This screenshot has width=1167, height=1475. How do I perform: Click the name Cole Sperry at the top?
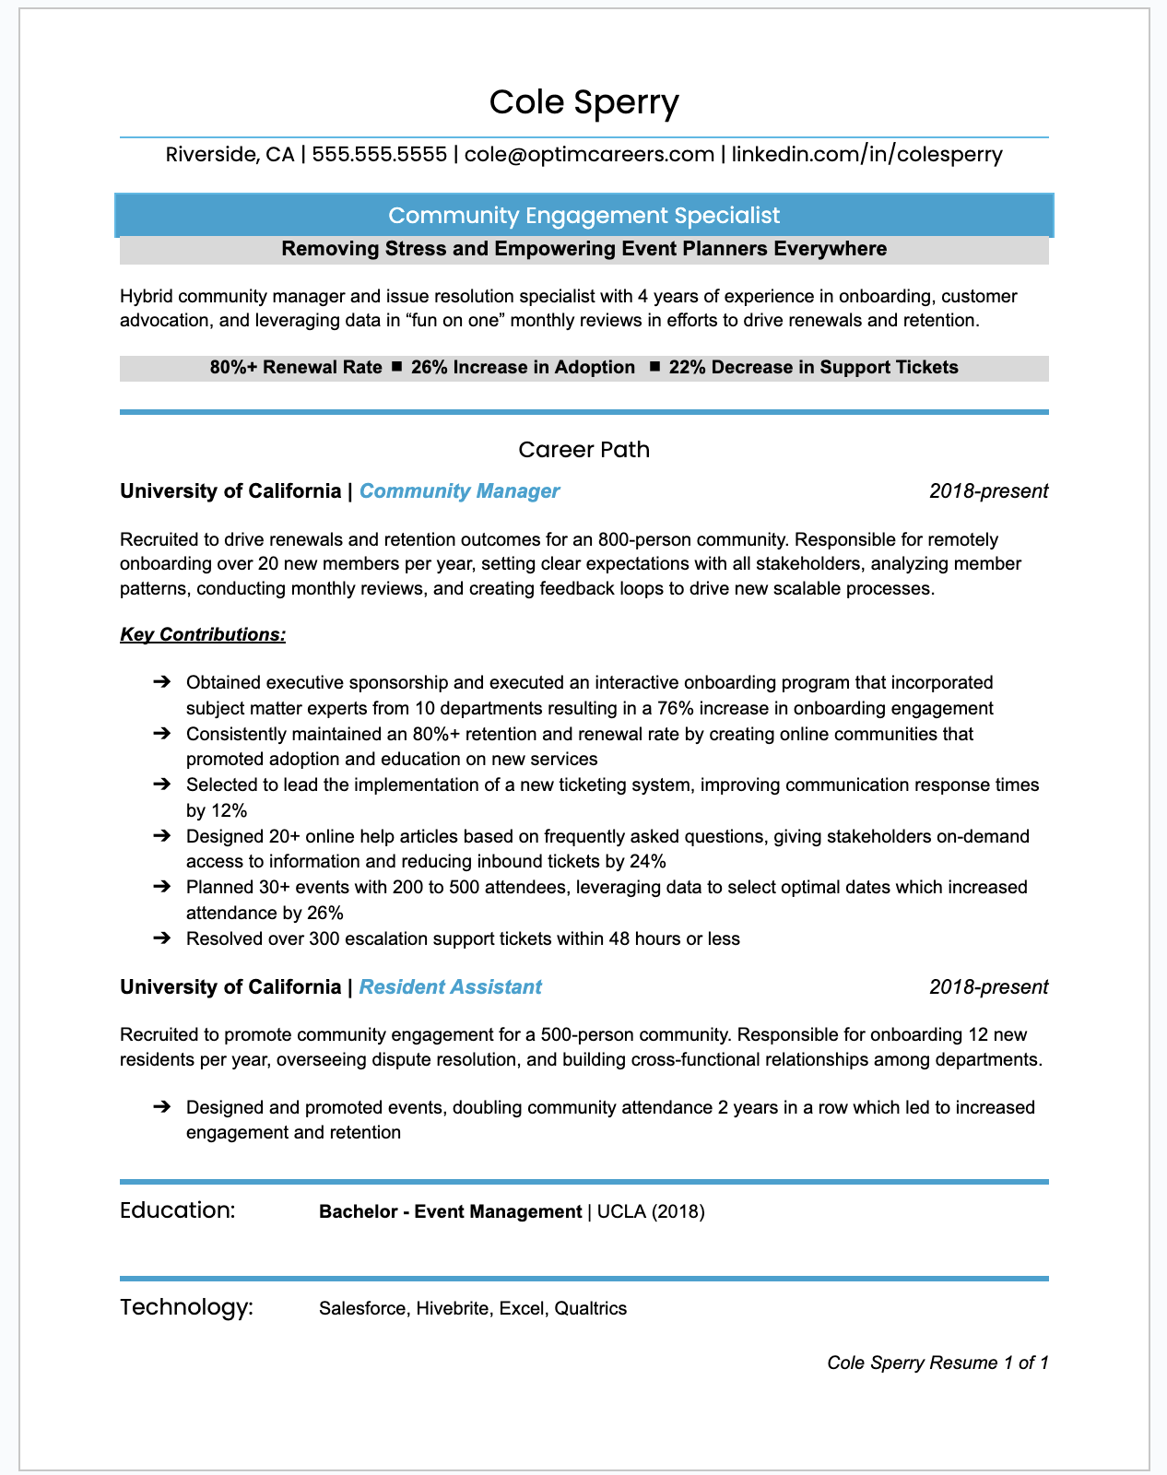click(x=583, y=102)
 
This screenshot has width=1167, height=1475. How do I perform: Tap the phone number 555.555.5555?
click(x=379, y=154)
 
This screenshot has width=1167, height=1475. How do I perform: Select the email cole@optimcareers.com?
click(x=589, y=154)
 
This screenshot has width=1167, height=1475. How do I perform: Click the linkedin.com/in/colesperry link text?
click(x=866, y=154)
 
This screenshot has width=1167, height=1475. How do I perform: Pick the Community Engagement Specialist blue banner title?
click(x=583, y=216)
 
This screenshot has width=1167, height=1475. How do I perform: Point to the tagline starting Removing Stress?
click(x=583, y=249)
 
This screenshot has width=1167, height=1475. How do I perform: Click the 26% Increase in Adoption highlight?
click(x=523, y=368)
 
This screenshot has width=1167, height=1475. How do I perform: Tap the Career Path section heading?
click(x=583, y=450)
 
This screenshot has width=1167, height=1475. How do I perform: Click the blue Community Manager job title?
click(x=459, y=491)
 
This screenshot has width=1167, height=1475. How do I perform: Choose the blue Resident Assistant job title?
click(x=450, y=987)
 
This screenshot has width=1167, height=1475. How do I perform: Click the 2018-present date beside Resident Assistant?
click(x=988, y=987)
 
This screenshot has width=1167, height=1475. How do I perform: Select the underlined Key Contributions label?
click(x=203, y=635)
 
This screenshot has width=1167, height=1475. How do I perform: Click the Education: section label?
click(x=178, y=1210)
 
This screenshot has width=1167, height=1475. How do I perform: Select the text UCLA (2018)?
click(x=651, y=1212)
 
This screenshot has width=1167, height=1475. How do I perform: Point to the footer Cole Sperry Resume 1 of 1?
click(x=937, y=1363)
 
